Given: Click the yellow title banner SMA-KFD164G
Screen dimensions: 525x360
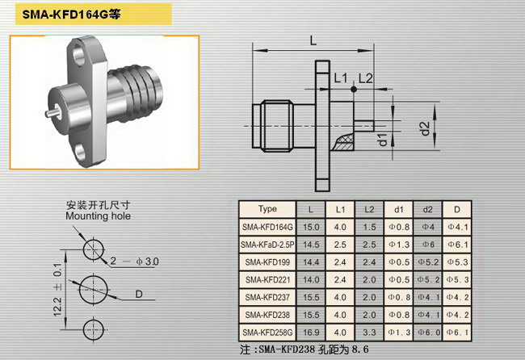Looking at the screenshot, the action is tap(94, 14).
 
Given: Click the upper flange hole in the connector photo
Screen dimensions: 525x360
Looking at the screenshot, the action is tap(79, 55).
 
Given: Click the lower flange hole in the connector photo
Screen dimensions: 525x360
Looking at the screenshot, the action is tap(80, 153).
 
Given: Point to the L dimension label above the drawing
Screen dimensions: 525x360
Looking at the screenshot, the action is tap(313, 41).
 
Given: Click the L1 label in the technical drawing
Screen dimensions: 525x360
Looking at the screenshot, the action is tap(341, 78).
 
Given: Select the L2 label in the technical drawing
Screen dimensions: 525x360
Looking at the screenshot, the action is tap(366, 78).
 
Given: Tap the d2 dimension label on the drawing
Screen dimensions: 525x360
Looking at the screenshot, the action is tap(425, 128).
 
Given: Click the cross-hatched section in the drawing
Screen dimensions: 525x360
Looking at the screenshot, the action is tap(345, 142).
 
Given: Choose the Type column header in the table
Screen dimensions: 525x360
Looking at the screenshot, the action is tap(267, 209).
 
